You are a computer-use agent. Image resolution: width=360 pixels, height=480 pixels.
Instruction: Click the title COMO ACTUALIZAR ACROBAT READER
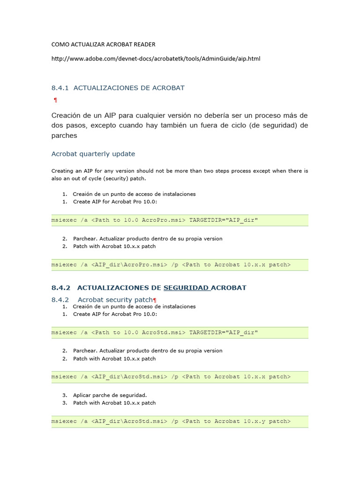pos(103,45)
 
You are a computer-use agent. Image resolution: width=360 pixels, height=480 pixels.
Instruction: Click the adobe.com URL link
pos(156,59)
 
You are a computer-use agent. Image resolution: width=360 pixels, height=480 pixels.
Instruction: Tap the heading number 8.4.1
pos(60,88)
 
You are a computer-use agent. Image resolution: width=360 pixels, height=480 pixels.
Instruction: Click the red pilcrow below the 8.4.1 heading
pos(55,100)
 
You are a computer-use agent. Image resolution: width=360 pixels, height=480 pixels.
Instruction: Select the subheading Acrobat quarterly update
pos(93,154)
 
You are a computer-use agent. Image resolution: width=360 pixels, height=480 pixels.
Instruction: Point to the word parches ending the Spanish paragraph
pos(64,135)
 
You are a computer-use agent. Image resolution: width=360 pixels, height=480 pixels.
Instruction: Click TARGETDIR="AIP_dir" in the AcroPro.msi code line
pos(224,220)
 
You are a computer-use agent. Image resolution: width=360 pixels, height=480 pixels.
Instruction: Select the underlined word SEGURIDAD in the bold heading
pos(186,287)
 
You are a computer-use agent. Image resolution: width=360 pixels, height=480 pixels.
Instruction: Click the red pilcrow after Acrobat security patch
pos(155,300)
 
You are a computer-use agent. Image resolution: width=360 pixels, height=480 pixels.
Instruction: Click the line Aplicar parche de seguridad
pos(110,395)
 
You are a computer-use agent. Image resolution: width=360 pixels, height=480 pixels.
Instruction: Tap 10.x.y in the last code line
pos(254,421)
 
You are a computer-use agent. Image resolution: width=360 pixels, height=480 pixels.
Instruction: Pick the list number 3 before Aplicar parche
pos(65,395)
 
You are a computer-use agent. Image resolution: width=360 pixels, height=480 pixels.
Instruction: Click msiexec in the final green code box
pos(64,421)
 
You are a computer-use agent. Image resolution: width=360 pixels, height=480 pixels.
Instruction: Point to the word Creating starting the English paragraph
pos(62,171)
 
